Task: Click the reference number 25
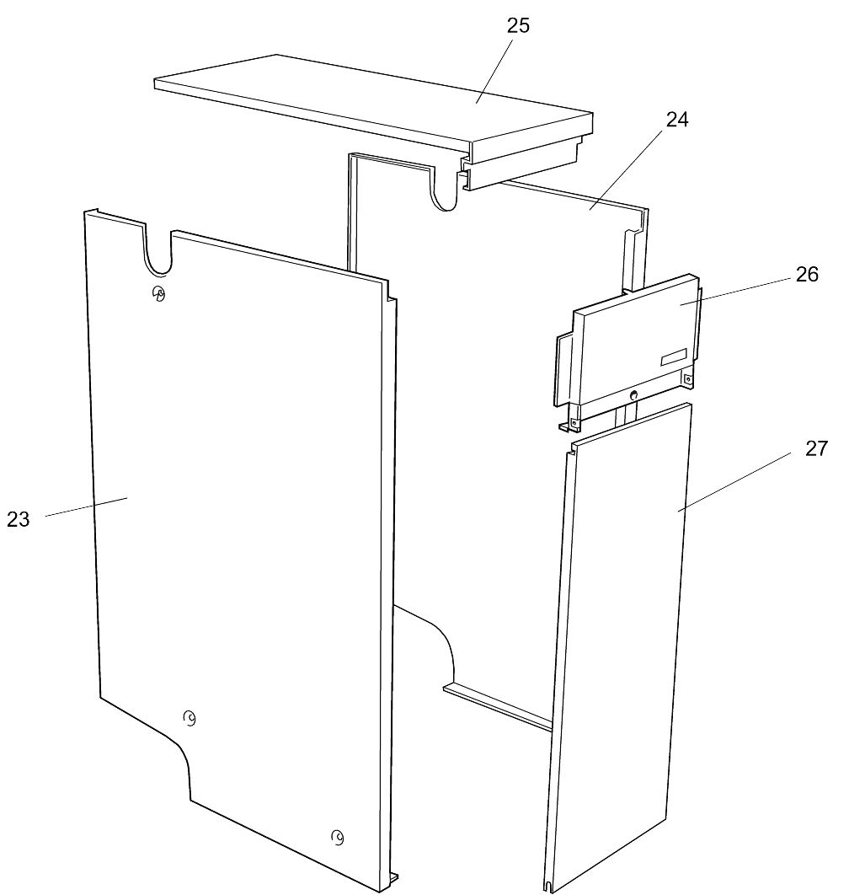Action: tap(518, 25)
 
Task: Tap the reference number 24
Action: tap(677, 120)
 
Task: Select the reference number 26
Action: tap(806, 274)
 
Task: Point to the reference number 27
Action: tap(816, 448)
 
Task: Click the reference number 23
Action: tap(19, 519)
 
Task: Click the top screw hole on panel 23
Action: tap(158, 293)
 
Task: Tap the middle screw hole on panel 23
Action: tap(190, 718)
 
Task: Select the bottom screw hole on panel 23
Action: tap(337, 838)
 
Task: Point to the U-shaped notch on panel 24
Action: tap(444, 190)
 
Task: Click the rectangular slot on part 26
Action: tap(675, 357)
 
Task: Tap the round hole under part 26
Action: tap(634, 395)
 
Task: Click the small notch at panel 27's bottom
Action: tap(549, 886)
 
